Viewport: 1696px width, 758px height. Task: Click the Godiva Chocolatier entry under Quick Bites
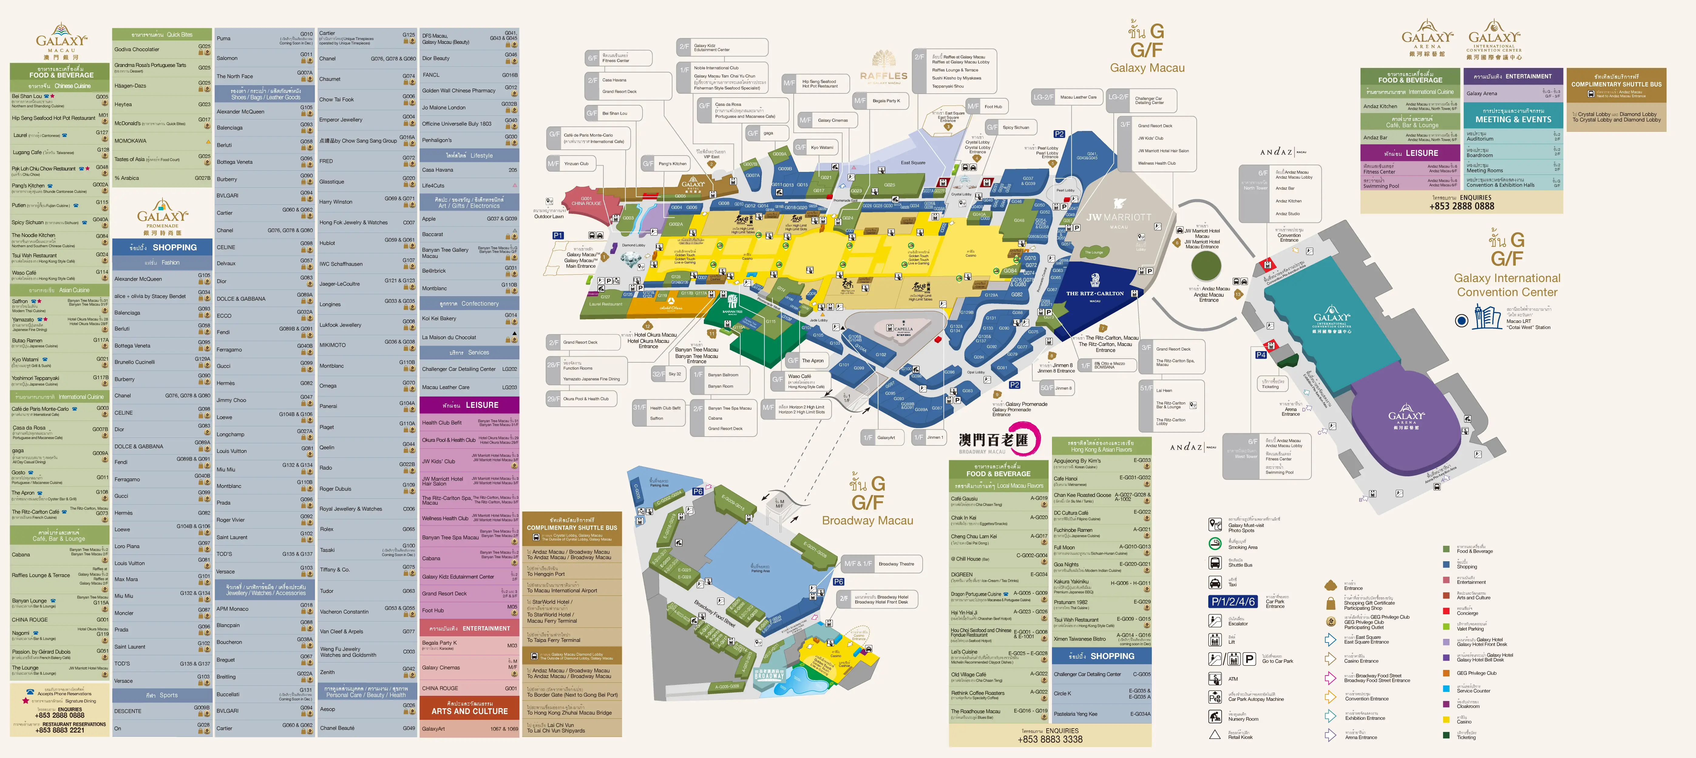tap(137, 49)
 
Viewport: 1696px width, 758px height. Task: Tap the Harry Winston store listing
tap(336, 202)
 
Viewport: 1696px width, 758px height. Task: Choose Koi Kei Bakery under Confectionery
tap(439, 318)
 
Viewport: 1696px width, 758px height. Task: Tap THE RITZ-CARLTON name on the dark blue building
tap(1095, 293)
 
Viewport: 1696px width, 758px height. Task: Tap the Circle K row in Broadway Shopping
tap(1063, 693)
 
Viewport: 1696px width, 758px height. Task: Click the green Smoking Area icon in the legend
tap(1215, 544)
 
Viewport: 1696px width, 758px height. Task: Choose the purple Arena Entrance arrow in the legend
tap(1330, 735)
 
